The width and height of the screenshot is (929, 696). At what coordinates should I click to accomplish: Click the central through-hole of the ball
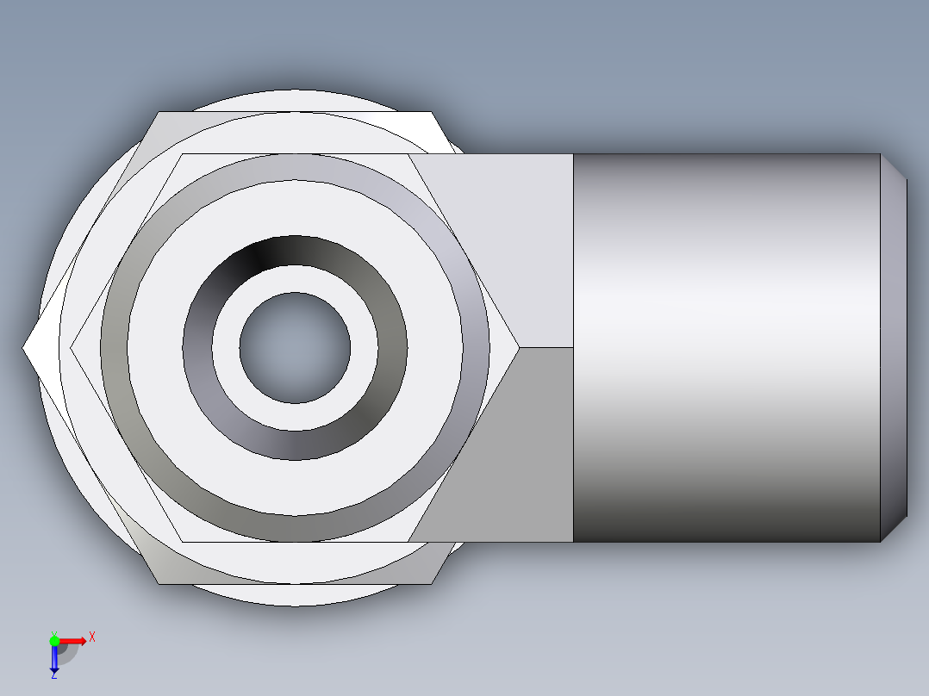point(295,348)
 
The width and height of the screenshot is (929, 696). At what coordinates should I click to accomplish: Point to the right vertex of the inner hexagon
point(519,348)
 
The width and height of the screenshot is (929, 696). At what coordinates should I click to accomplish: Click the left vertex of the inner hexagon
point(72,348)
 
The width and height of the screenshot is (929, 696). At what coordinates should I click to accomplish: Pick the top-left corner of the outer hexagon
point(158,113)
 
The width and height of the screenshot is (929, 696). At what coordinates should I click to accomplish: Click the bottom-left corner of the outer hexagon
point(159,582)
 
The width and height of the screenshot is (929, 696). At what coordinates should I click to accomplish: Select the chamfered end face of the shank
point(894,348)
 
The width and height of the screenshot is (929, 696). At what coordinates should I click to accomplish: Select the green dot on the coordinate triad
point(54,640)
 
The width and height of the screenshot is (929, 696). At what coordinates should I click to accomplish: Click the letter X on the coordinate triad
point(91,637)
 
